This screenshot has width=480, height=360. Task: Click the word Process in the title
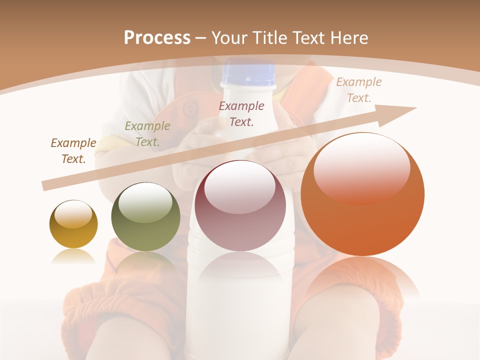(x=157, y=38)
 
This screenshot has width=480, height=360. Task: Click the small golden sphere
(x=73, y=224)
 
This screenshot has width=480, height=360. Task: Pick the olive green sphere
(x=145, y=216)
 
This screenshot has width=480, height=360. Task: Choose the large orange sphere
(x=362, y=194)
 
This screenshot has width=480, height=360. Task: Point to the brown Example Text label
(x=73, y=150)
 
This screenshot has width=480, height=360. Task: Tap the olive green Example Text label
(x=147, y=133)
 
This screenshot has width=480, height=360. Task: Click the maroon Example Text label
(x=241, y=113)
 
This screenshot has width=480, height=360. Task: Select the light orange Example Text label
(x=359, y=89)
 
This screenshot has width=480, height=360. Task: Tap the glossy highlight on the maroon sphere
(x=239, y=190)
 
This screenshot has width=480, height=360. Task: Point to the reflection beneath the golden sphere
(x=73, y=256)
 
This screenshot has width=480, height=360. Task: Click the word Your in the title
(x=229, y=38)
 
